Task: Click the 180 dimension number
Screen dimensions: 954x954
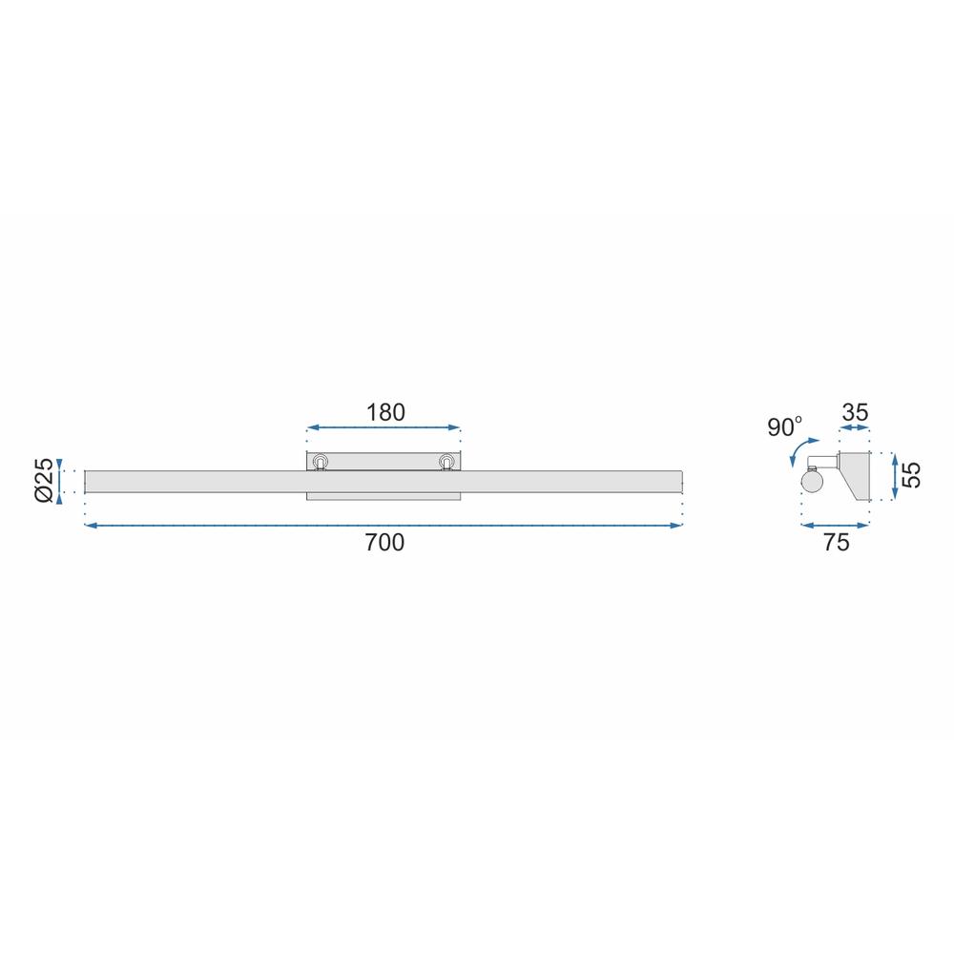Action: [x=385, y=412]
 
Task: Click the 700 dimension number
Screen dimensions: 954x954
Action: [x=384, y=543]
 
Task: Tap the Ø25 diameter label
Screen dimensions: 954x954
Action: [x=42, y=479]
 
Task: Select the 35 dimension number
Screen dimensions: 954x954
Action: [x=855, y=412]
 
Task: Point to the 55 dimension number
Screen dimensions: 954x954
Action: [x=912, y=475]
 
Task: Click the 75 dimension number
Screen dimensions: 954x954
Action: [x=836, y=543]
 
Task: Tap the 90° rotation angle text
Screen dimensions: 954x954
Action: [x=785, y=427]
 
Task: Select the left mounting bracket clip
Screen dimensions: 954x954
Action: [x=321, y=463]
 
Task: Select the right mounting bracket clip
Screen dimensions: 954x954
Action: [x=446, y=463]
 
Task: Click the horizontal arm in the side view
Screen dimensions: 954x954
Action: [x=822, y=464]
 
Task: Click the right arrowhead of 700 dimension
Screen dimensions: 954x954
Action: [x=679, y=525]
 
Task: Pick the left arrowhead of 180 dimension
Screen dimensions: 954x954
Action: [x=310, y=429]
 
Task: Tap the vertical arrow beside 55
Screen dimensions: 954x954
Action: [x=895, y=475]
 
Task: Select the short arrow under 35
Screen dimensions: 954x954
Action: [x=855, y=429]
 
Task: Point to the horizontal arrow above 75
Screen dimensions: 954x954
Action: [x=836, y=525]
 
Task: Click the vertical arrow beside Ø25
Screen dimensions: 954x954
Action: [x=61, y=479]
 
